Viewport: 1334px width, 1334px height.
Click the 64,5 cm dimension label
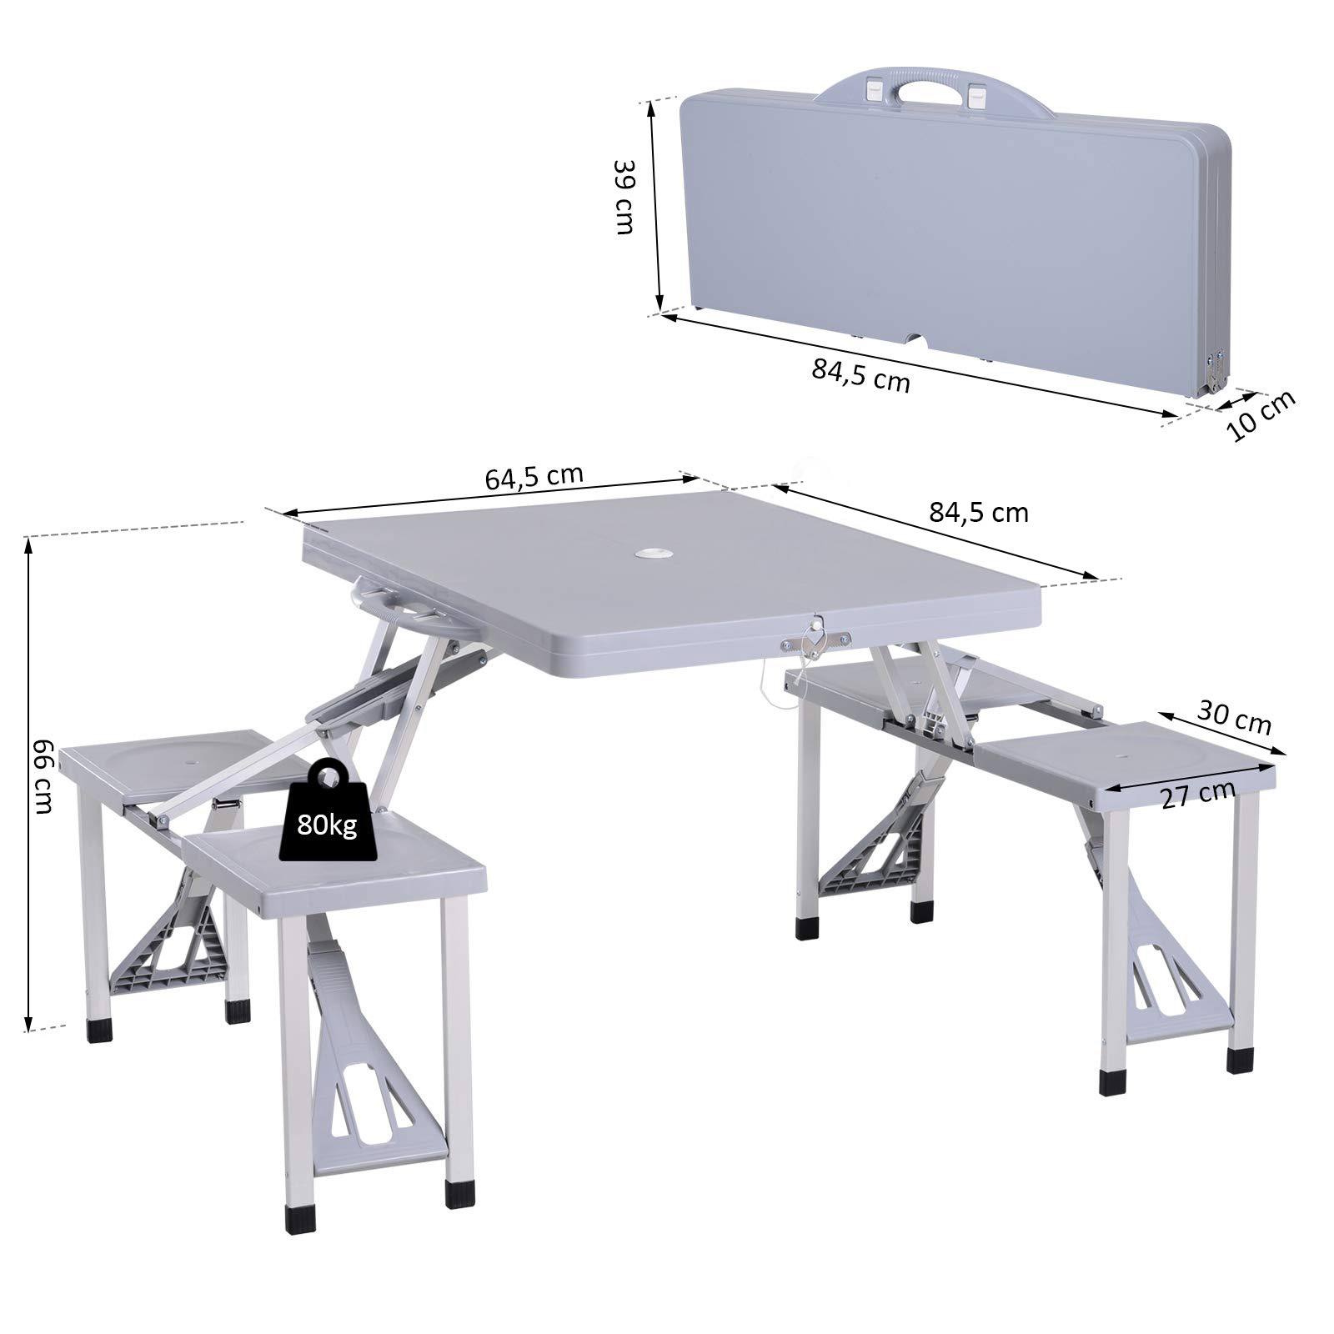[534, 478]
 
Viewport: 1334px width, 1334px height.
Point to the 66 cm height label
[42, 776]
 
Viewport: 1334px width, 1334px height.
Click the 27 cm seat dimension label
[1197, 795]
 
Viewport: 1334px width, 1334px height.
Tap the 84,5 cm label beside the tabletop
[979, 511]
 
